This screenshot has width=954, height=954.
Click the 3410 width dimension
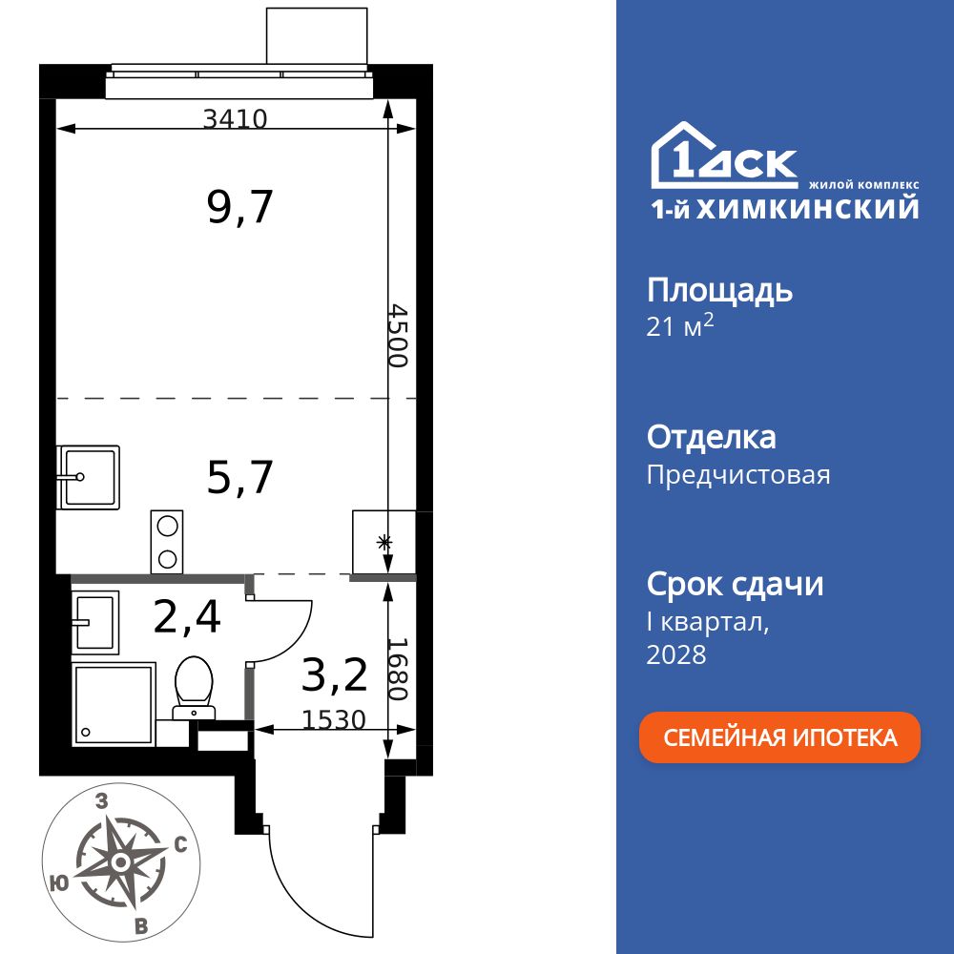[x=235, y=119]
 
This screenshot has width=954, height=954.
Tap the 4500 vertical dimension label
[x=398, y=336]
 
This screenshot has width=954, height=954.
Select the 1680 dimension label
[x=398, y=668]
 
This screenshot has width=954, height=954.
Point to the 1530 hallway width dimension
[x=334, y=719]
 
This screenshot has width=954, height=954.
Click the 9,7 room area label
[x=240, y=206]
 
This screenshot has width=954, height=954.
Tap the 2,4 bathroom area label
[x=187, y=616]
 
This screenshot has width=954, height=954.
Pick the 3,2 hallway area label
[x=334, y=675]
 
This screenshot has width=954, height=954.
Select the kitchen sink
[x=88, y=476]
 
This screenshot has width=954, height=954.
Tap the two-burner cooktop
[x=167, y=542]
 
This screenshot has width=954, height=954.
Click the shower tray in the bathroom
[x=113, y=704]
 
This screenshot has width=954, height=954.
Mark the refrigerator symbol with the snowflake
[x=384, y=544]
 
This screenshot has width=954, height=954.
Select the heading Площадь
[x=719, y=290]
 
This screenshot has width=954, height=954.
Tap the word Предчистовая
[x=738, y=475]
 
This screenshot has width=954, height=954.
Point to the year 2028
[x=676, y=654]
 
